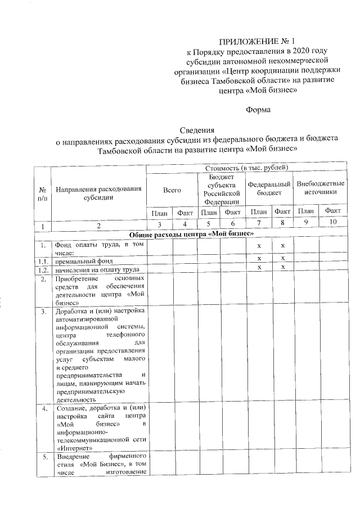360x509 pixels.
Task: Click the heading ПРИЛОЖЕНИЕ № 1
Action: coord(248,42)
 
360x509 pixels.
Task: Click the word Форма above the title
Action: coord(258,110)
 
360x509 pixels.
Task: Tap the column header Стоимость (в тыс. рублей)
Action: coord(246,168)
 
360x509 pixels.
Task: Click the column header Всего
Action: coord(172,190)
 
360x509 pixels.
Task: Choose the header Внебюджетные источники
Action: coord(320,188)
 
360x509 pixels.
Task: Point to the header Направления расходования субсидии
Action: coord(98,193)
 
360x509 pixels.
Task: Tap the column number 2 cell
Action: coord(98,226)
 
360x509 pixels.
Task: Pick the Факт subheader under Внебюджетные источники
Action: coord(332,211)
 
